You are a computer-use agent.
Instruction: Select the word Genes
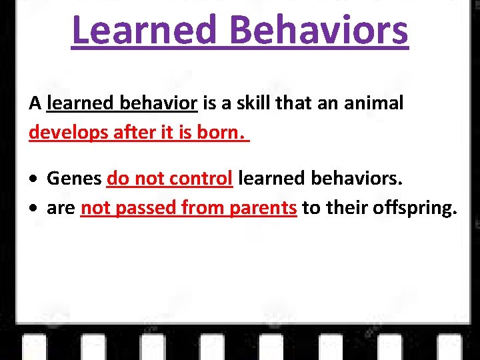pos(74,179)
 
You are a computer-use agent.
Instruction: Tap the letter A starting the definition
pos(35,104)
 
